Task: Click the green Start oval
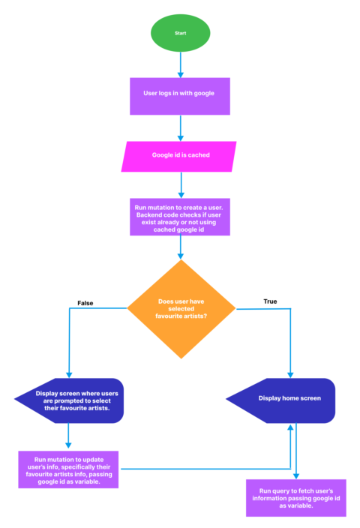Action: click(x=180, y=33)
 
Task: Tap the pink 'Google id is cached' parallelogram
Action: click(x=180, y=156)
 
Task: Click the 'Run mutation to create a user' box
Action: click(x=180, y=217)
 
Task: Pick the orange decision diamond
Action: click(x=180, y=307)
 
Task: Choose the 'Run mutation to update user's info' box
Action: click(x=69, y=469)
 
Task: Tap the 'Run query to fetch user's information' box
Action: click(x=296, y=499)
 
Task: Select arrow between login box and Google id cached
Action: click(x=180, y=127)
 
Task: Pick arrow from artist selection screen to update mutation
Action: click(x=69, y=436)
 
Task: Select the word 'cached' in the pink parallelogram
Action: click(x=196, y=156)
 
